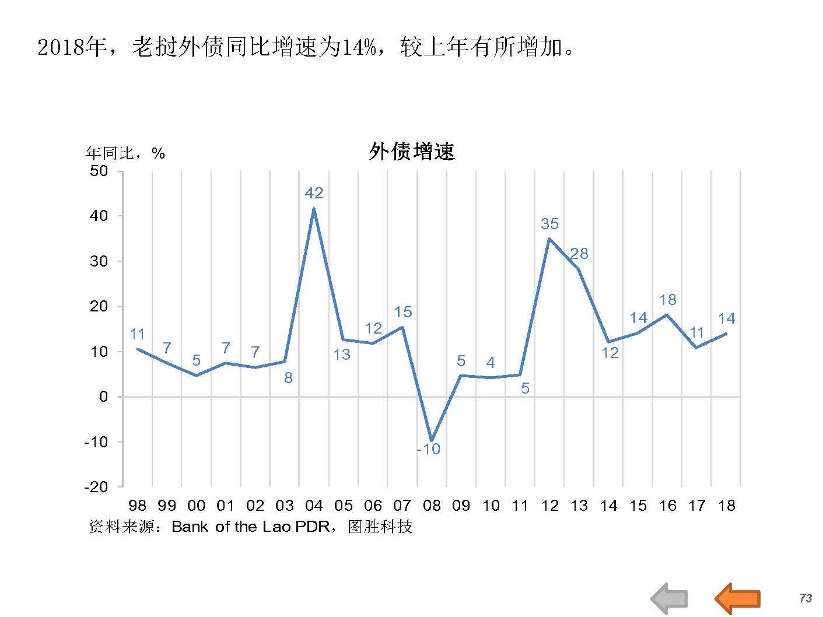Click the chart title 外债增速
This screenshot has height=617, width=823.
coord(411,152)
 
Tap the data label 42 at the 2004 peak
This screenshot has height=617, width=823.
coord(314,193)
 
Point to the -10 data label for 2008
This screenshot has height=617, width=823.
coord(429,449)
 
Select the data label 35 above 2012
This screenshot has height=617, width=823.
coord(549,224)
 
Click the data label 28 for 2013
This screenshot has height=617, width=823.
coord(579,254)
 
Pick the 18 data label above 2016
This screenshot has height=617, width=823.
coord(668,300)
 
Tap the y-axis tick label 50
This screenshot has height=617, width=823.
coord(99,171)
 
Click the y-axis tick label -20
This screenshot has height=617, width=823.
coord(96,487)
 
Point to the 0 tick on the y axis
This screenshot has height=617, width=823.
coord(103,397)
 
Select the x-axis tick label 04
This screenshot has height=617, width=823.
coord(314,506)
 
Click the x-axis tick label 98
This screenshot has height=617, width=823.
coord(137,506)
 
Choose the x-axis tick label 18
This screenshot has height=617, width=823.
coord(727,506)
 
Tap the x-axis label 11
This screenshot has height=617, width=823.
coord(520,506)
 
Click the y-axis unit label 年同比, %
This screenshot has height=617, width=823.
coord(125,153)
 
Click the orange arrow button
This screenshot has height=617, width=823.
coord(737,598)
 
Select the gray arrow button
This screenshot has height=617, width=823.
coord(670,598)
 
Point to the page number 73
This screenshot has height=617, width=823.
coord(806,598)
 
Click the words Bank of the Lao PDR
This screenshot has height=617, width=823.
coord(250,527)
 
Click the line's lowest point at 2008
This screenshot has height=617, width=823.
coord(432,440)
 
